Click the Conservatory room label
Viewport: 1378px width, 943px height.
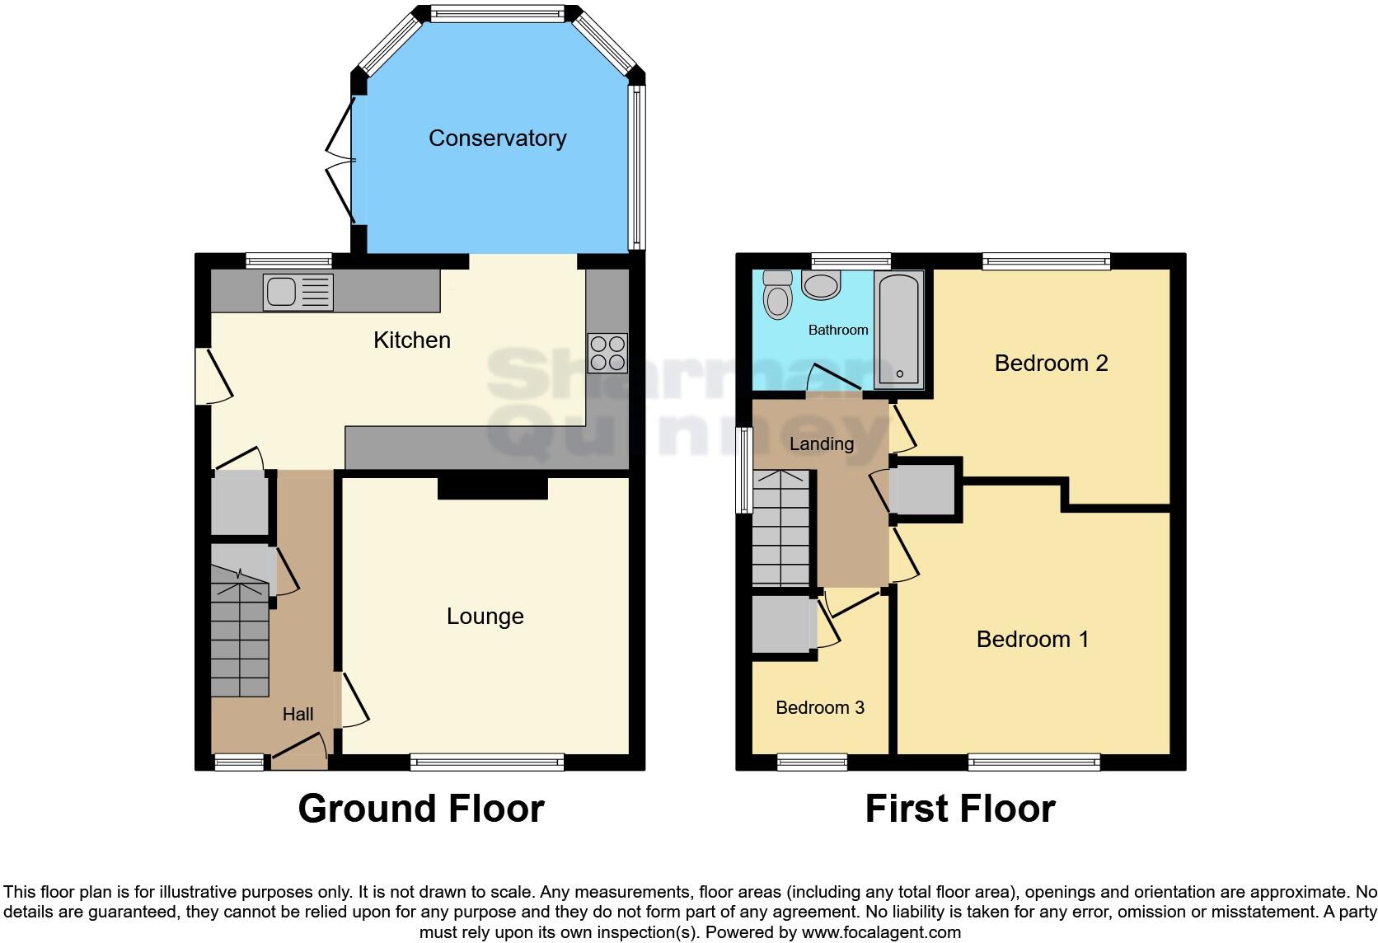point(497,138)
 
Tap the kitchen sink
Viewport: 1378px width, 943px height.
point(298,293)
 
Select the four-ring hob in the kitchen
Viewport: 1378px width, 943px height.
point(607,353)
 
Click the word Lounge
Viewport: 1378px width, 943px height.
point(485,617)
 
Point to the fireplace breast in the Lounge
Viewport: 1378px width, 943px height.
point(492,488)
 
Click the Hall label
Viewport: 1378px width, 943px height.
point(298,715)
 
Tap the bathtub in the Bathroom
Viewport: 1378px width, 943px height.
point(899,331)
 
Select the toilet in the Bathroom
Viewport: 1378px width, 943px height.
point(776,295)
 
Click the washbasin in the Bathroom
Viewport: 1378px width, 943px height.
point(821,286)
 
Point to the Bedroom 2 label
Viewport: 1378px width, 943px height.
point(1051,364)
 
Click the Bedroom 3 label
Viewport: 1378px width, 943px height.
point(819,708)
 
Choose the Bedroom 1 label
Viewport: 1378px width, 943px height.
point(1032,640)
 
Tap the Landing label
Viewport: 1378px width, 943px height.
point(821,444)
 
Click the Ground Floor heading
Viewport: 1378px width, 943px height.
point(420,809)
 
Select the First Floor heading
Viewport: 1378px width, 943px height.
point(959,809)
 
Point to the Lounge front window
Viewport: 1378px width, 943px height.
point(487,762)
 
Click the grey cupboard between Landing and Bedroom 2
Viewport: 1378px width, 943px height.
point(924,490)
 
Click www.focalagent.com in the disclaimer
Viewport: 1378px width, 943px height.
point(880,932)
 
